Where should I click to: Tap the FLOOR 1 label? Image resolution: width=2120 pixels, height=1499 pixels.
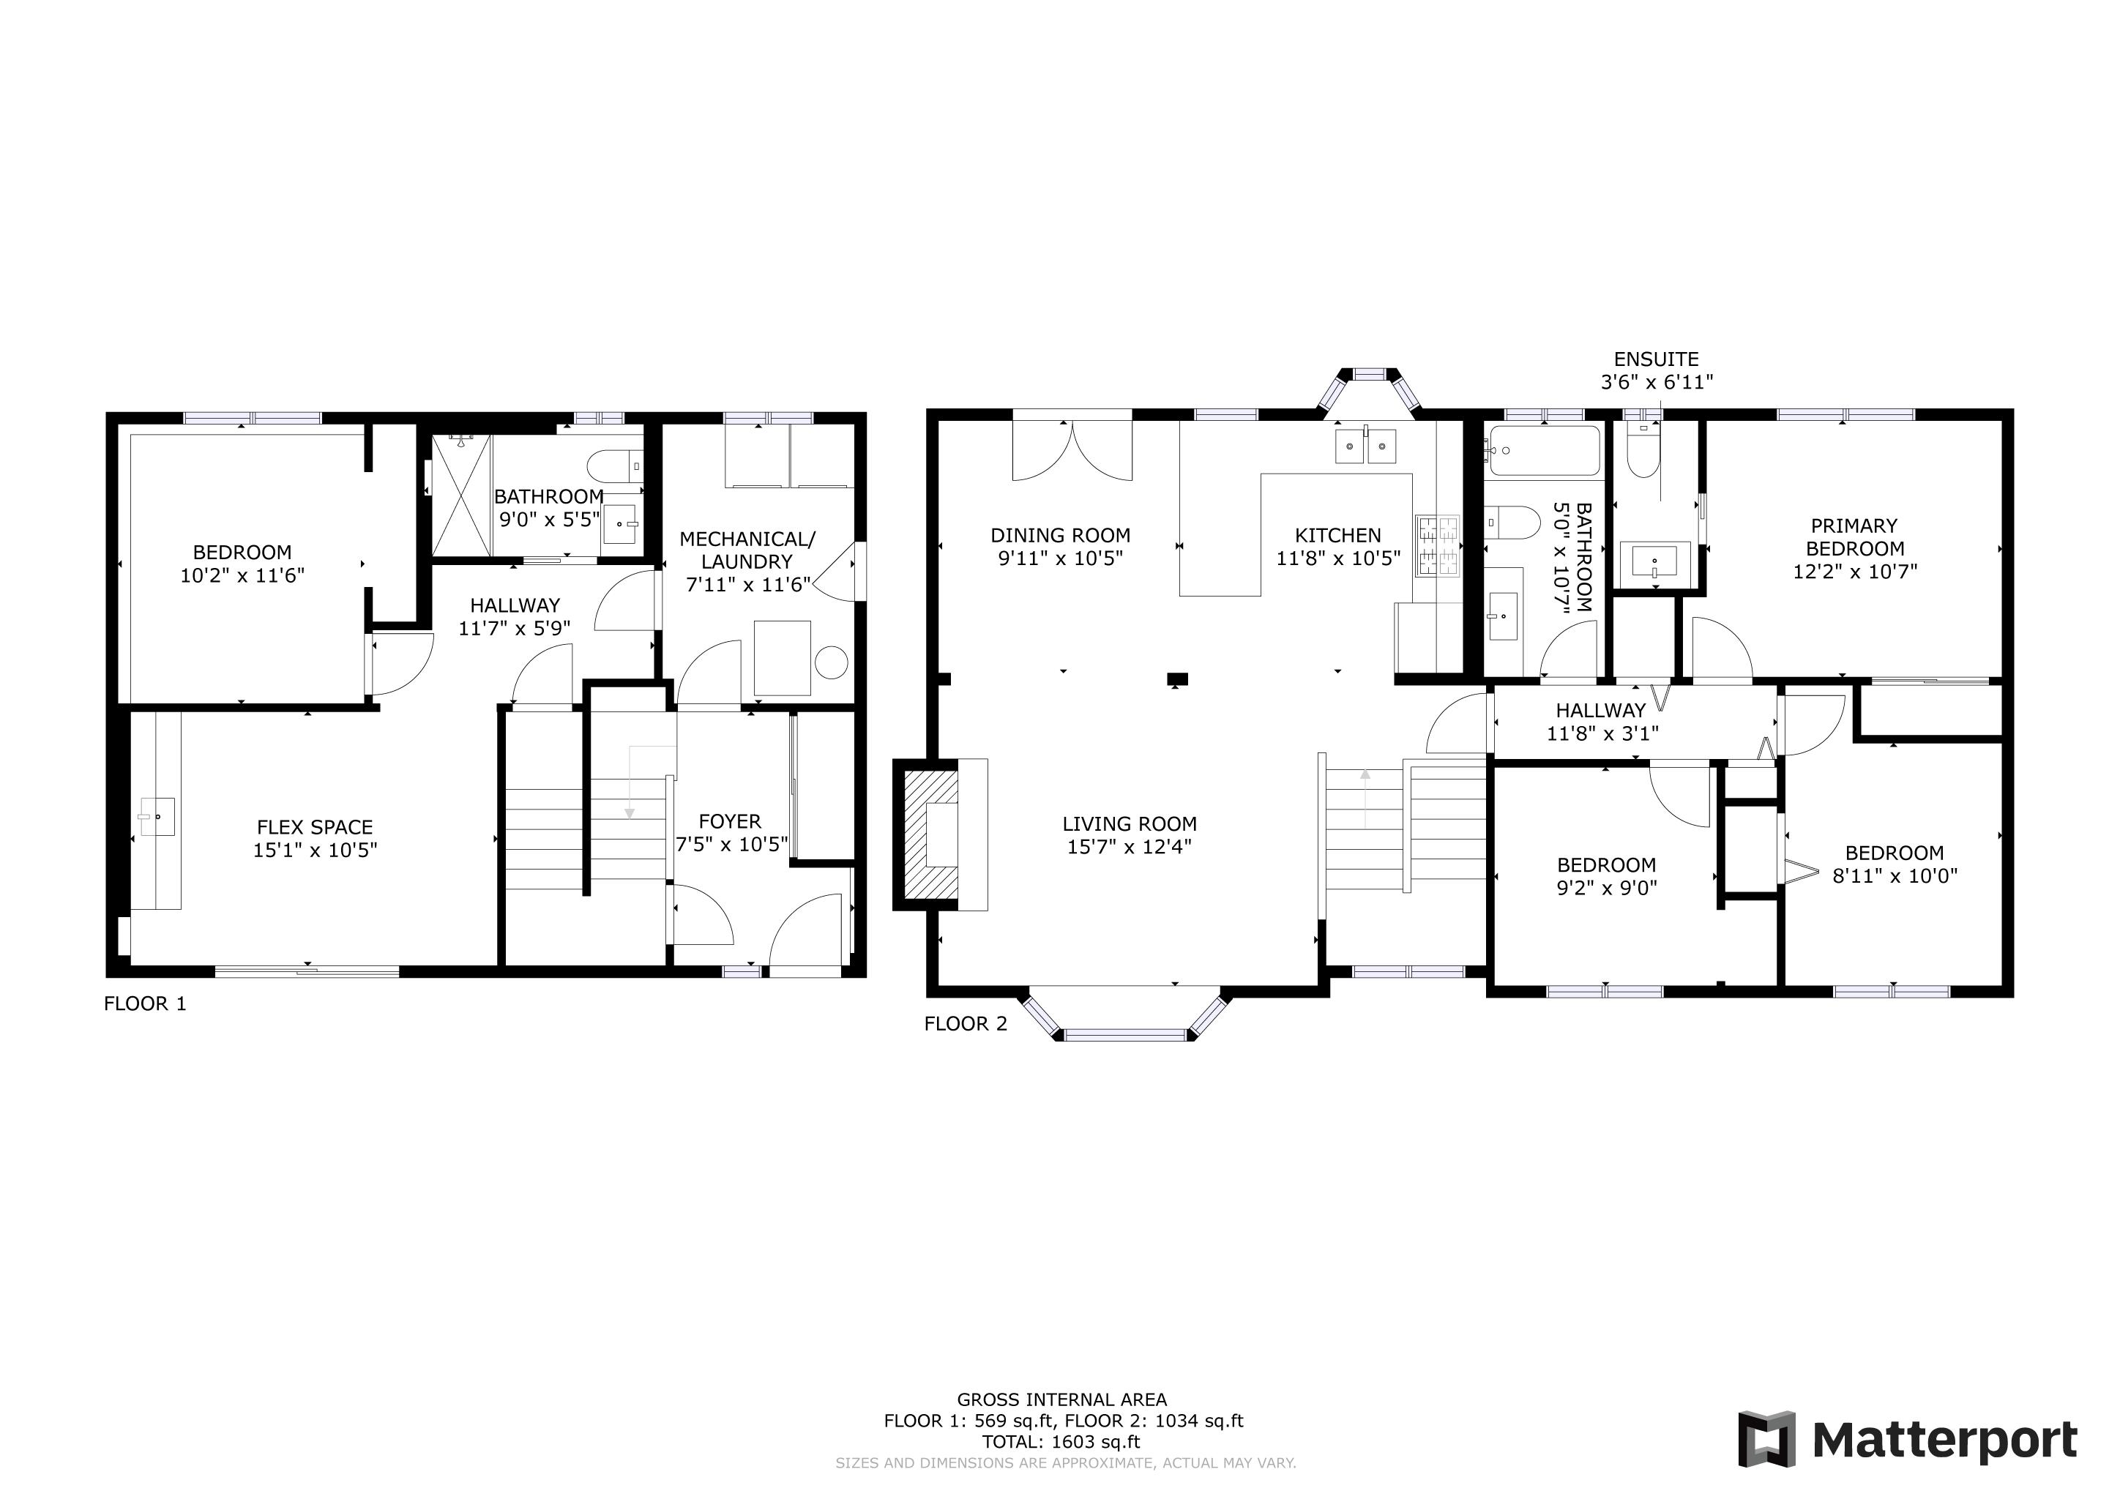(145, 1003)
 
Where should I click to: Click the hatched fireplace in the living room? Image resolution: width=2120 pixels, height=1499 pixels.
(930, 834)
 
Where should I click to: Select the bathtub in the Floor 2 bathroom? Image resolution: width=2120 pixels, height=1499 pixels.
(1545, 450)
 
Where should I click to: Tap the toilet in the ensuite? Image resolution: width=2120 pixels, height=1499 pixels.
(1643, 452)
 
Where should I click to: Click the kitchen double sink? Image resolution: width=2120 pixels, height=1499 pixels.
(1365, 446)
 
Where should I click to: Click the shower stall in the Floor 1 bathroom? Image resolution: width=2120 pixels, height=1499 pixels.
(462, 495)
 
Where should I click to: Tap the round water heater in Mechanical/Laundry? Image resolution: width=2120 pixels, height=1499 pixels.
(831, 662)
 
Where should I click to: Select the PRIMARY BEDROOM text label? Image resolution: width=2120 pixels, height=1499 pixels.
(1855, 537)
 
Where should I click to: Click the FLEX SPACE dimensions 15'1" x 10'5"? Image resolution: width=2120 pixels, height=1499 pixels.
(316, 850)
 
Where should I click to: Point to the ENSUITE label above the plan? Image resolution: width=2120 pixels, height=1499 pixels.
(1657, 359)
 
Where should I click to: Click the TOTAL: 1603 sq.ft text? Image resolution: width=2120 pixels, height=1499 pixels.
(1061, 1442)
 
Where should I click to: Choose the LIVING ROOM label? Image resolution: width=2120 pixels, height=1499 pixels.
(1130, 824)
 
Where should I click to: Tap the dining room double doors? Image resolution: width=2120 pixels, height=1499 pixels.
(1072, 450)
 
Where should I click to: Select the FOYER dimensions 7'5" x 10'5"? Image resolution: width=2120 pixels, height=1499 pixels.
(732, 844)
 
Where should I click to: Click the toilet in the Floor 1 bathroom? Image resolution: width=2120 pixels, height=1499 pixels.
(614, 463)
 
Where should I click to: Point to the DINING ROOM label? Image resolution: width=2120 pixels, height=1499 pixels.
(1060, 535)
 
